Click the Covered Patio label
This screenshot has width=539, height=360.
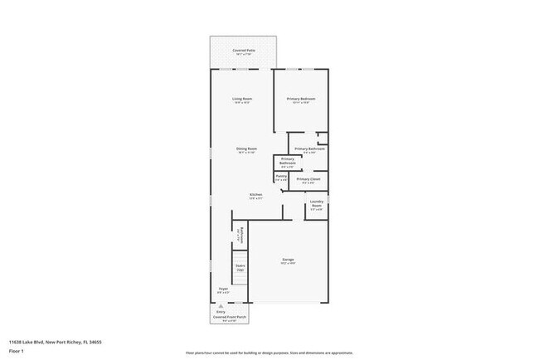243,51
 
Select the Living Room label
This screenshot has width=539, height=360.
241,99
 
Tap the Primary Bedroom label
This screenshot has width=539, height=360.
302,99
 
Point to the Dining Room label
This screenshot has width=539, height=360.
247,148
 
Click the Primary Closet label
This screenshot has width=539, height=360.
308,178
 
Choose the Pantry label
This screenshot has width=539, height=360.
281,176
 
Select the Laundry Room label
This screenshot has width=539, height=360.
317,204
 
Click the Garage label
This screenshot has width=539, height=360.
289,260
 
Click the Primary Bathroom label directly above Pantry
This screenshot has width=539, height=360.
288,160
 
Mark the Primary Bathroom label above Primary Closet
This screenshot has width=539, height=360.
309,149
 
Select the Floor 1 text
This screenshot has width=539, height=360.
17,351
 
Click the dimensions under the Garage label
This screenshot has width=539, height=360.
289,265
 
